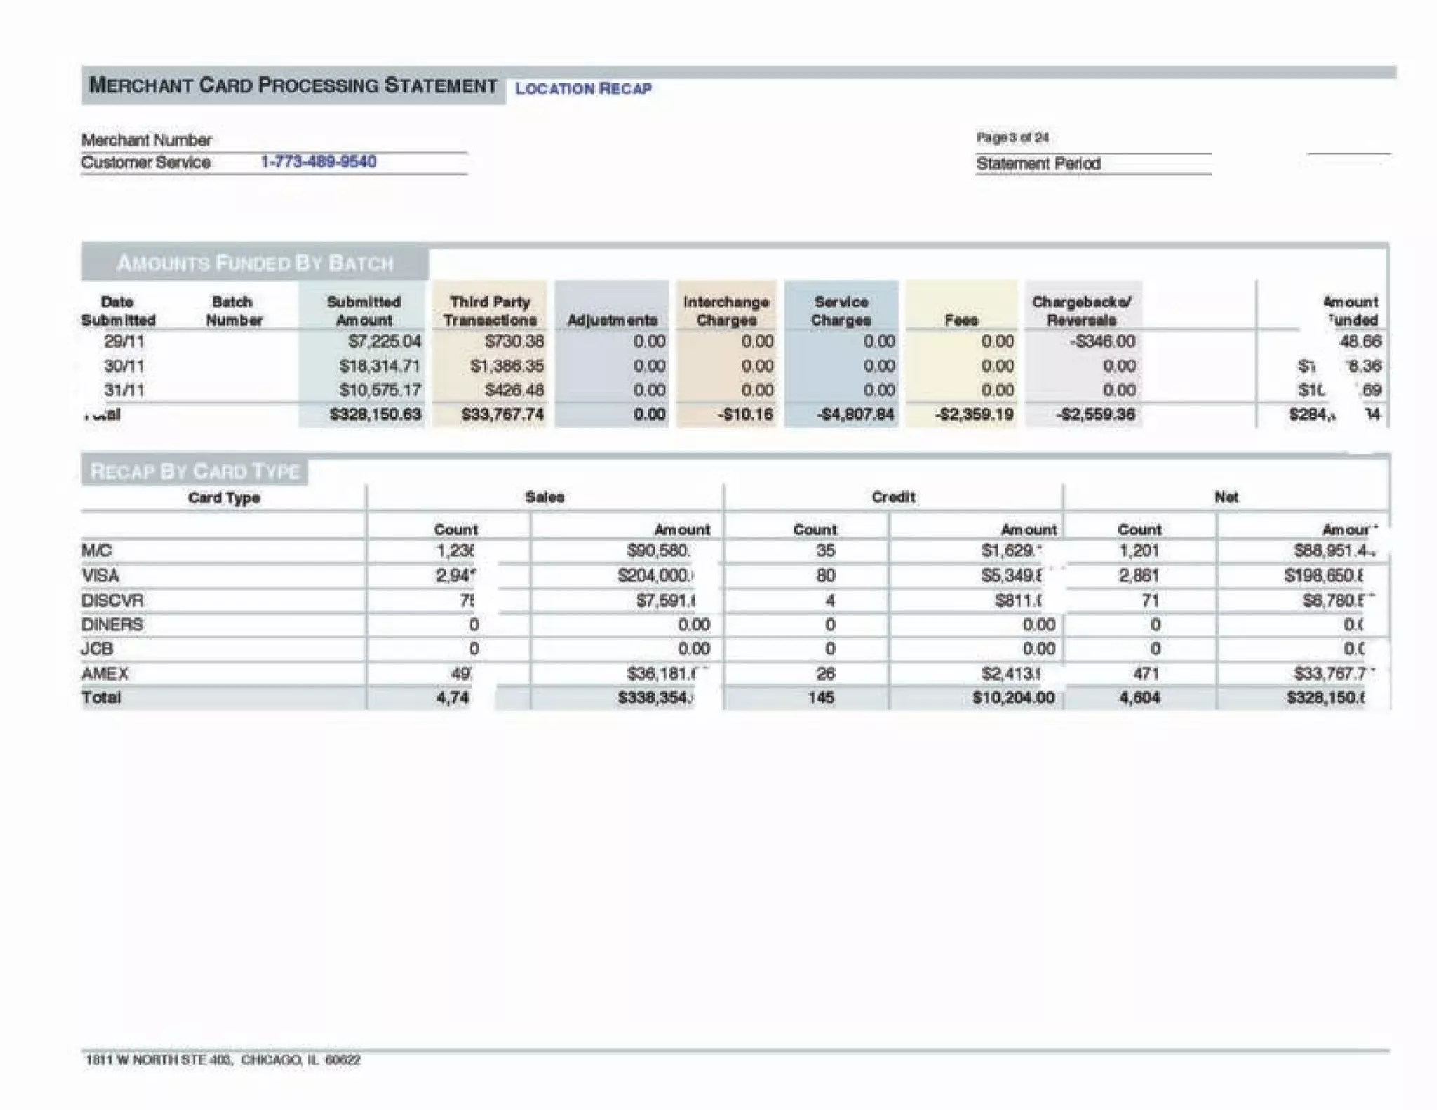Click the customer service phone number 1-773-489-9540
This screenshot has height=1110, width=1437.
(319, 162)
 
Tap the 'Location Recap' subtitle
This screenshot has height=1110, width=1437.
(583, 88)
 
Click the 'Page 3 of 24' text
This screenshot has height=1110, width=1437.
(1012, 138)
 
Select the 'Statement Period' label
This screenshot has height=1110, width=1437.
(1038, 164)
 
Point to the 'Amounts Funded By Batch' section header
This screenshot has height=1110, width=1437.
(255, 264)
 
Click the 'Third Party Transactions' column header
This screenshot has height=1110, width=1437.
(490, 311)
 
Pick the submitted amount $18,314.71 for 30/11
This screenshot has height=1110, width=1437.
(379, 366)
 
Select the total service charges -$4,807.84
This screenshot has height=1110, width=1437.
(855, 415)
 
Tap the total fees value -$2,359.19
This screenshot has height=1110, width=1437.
(974, 415)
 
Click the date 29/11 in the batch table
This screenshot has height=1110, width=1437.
(124, 342)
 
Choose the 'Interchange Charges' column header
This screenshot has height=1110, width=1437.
(726, 311)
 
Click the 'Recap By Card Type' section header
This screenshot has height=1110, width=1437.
(195, 472)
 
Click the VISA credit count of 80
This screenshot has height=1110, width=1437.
(825, 576)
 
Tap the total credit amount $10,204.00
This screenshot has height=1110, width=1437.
(1013, 698)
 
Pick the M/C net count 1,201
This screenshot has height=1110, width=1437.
(1139, 551)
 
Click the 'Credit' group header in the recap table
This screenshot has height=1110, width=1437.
(893, 497)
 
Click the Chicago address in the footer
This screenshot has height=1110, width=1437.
(223, 1059)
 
